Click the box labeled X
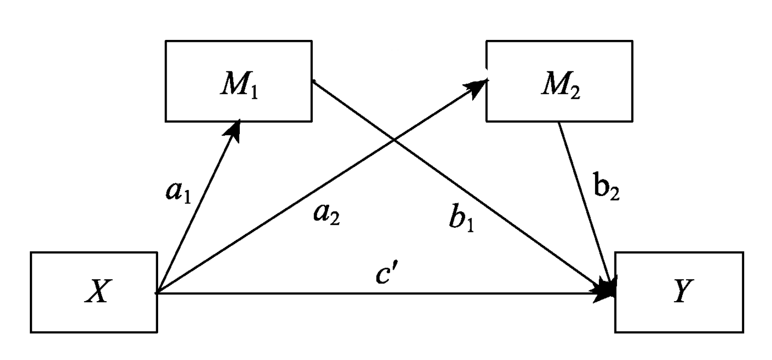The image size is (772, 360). pos(94,292)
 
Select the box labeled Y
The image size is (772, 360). pos(679,292)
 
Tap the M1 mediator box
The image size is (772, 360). pos(238,81)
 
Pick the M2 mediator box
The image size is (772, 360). pos(559,81)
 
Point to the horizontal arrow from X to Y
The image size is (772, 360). pos(379,293)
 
